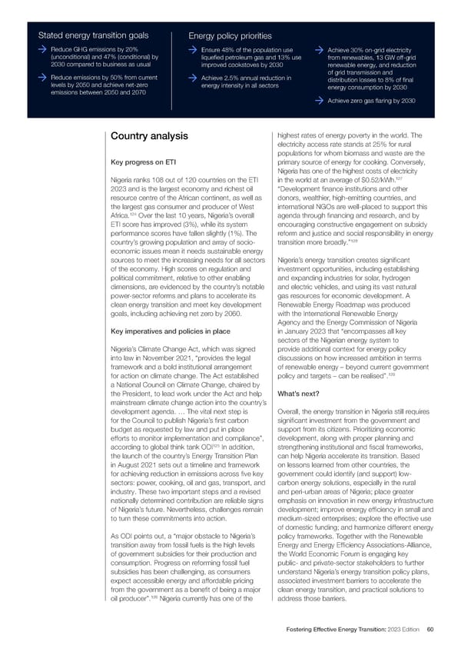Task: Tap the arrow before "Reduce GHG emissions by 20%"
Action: coord(44,50)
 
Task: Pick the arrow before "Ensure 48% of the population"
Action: coord(194,50)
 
